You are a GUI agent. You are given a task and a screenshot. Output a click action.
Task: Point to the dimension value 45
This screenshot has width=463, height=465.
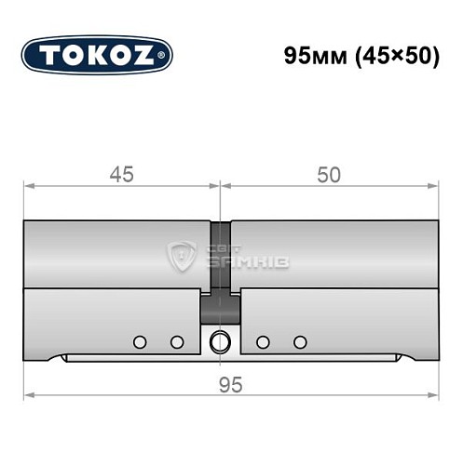click(x=121, y=174)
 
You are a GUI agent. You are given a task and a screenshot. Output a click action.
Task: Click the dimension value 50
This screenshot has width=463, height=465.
click(x=328, y=174)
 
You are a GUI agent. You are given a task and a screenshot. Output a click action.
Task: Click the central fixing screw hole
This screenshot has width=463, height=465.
click(x=220, y=341)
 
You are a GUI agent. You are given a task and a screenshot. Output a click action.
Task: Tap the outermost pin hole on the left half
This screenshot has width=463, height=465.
click(x=140, y=342)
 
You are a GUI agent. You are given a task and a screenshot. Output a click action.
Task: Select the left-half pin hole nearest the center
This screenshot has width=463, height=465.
click(x=177, y=342)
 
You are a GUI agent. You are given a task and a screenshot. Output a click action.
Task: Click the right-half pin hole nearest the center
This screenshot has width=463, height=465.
click(x=263, y=342)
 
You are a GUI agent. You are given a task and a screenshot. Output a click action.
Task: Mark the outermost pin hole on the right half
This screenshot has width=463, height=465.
click(x=299, y=342)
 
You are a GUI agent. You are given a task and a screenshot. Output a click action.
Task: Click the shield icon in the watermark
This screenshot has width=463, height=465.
click(x=180, y=255)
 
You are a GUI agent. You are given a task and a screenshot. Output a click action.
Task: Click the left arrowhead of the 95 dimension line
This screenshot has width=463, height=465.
click(x=29, y=396)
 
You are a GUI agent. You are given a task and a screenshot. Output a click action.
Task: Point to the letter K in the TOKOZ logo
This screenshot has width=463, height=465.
click(x=94, y=55)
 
